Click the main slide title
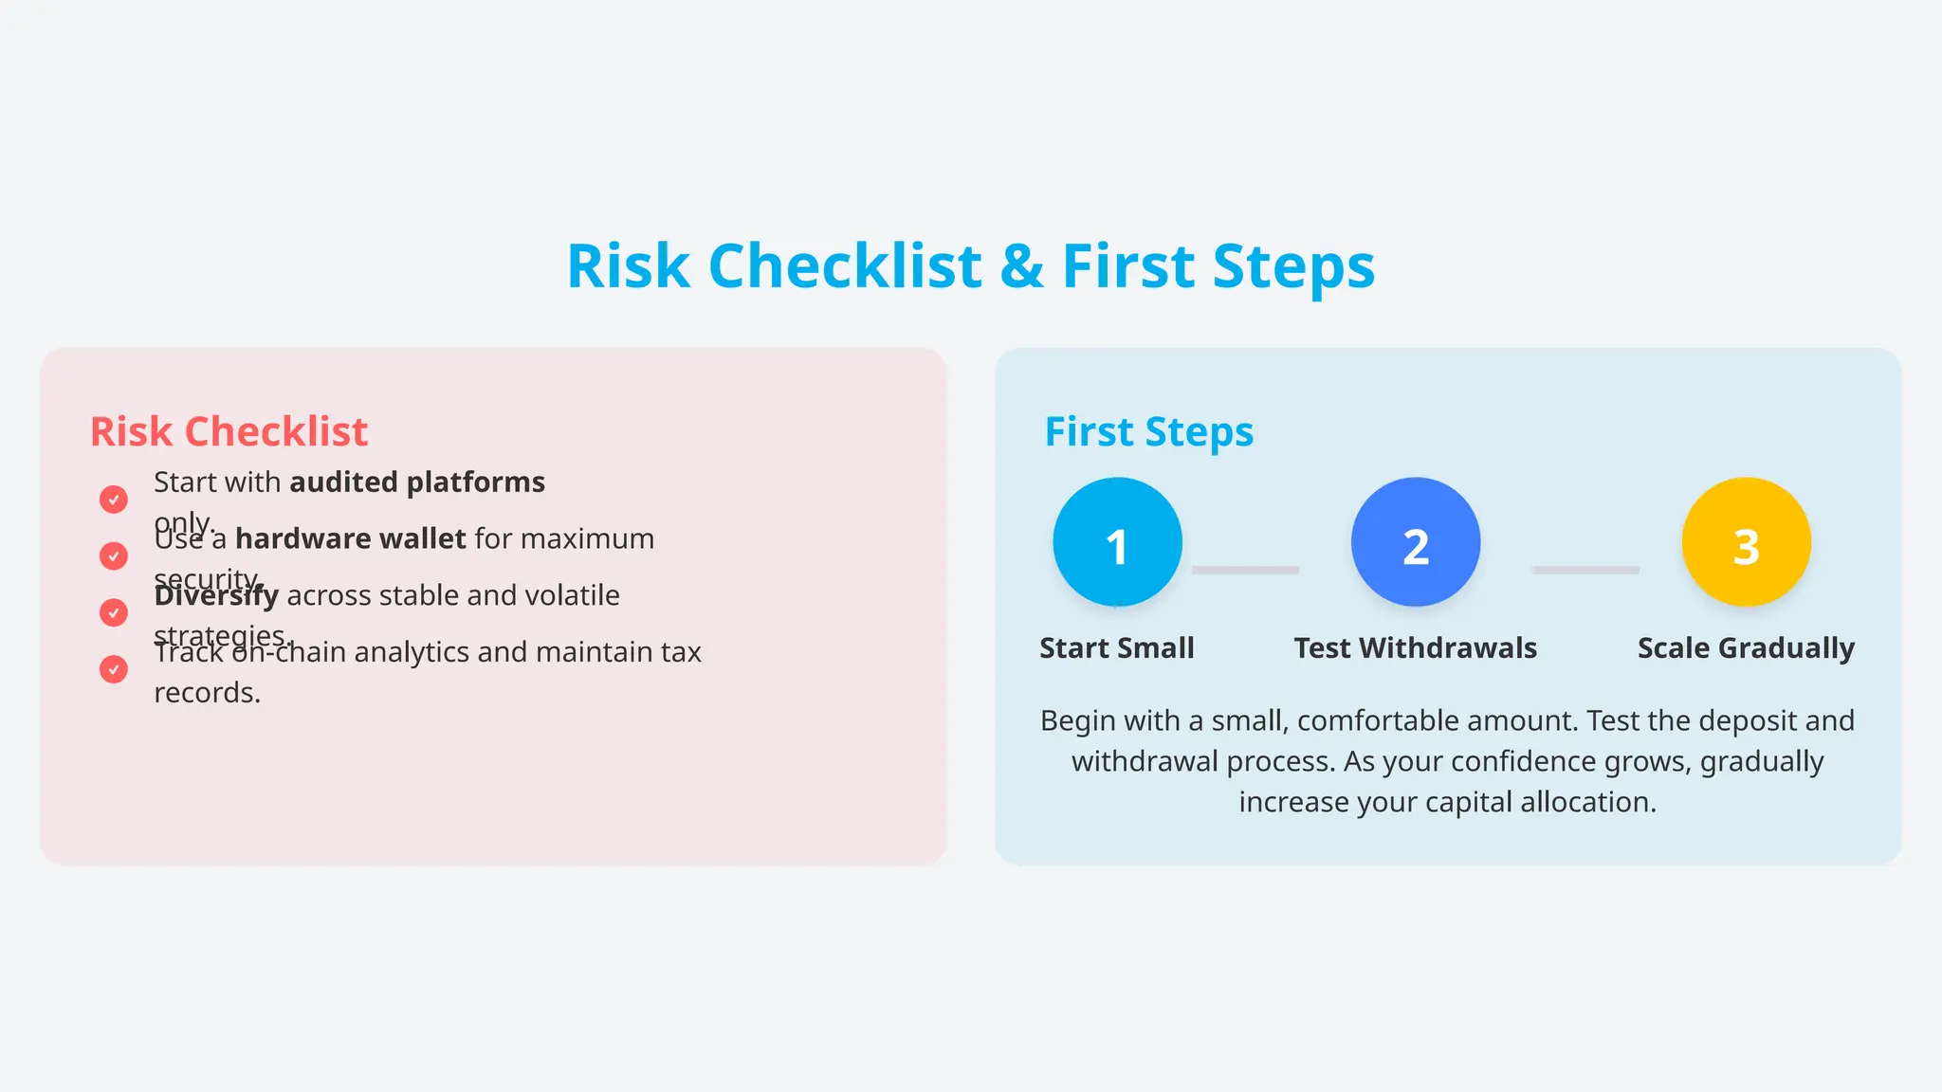(x=970, y=265)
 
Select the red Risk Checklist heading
(x=229, y=432)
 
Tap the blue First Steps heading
(x=1148, y=432)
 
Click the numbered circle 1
(x=1117, y=542)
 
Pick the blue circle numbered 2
(x=1415, y=542)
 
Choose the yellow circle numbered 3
(x=1746, y=542)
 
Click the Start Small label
(x=1117, y=648)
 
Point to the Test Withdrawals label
(x=1415, y=648)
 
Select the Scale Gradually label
(x=1746, y=648)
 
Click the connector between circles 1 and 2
(x=1245, y=570)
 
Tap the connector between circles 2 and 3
(x=1585, y=570)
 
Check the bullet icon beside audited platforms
(x=114, y=500)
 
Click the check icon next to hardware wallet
(x=114, y=555)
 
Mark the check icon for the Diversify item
(x=114, y=612)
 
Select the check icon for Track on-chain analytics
(x=114, y=669)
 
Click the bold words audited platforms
(x=417, y=482)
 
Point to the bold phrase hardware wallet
(x=350, y=539)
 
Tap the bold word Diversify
(x=216, y=596)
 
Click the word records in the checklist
(x=207, y=693)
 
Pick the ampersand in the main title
(x=1021, y=266)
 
